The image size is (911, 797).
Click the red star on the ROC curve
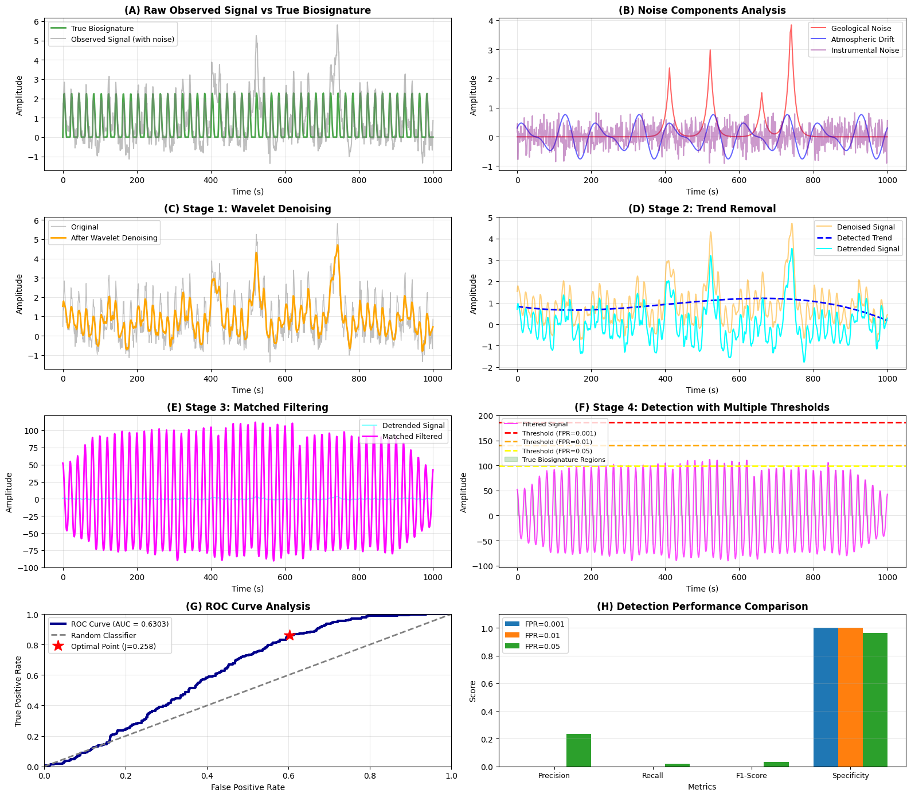[x=290, y=635]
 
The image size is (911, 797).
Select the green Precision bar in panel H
[x=578, y=750]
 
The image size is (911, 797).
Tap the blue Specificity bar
[x=826, y=697]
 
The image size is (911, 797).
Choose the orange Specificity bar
[x=850, y=697]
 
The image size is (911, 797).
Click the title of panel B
[x=702, y=10]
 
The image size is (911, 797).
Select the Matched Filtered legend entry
[x=412, y=437]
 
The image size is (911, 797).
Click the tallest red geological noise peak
[x=791, y=26]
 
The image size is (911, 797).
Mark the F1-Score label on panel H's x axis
[x=752, y=776]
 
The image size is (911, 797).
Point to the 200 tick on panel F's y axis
[x=486, y=416]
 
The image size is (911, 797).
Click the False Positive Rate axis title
[x=248, y=787]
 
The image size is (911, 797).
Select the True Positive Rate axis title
[x=18, y=691]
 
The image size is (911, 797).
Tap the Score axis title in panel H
[x=473, y=691]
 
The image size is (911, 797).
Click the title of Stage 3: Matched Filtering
[x=248, y=407]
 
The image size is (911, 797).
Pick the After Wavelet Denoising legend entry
[x=114, y=238]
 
